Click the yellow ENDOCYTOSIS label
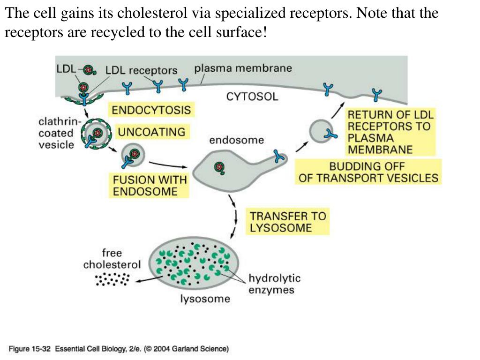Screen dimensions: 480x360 click(x=151, y=110)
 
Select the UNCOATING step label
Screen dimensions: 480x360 click(x=152, y=132)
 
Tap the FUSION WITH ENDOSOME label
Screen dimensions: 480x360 click(x=150, y=186)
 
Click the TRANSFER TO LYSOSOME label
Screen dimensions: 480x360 click(x=288, y=222)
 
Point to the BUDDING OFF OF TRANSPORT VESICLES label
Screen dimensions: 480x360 click(x=368, y=172)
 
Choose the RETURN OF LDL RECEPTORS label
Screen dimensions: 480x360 click(x=390, y=132)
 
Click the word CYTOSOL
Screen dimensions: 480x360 click(x=252, y=97)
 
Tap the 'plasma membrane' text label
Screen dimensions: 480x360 click(x=243, y=68)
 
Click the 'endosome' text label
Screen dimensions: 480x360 click(x=237, y=140)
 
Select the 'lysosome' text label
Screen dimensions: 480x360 click(x=205, y=299)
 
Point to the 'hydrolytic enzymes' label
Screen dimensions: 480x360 click(x=274, y=284)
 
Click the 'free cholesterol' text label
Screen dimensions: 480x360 click(x=112, y=259)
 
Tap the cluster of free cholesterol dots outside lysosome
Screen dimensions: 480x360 click(x=112, y=279)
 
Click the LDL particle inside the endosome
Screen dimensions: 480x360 click(x=219, y=167)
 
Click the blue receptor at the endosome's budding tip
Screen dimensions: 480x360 click(x=279, y=156)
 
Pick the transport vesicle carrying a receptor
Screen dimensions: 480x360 click(x=322, y=131)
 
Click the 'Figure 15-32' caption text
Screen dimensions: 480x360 click(x=30, y=349)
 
